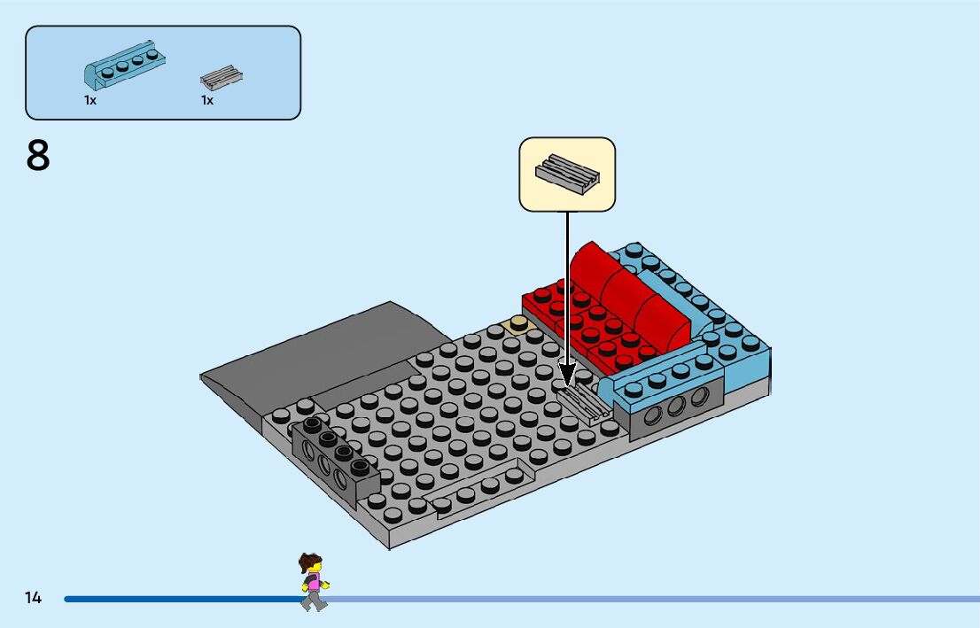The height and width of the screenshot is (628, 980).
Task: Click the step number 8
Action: point(38,157)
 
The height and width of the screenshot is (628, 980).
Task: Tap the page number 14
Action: point(33,598)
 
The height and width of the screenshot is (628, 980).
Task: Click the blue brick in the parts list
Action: point(125,66)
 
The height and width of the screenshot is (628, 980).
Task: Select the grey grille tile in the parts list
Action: point(222,79)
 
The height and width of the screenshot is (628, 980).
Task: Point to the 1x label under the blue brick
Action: point(90,101)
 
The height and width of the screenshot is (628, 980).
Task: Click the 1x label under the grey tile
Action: point(207,101)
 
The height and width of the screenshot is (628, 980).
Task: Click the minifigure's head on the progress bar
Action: point(311,563)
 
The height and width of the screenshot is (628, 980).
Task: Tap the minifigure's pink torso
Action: point(313,583)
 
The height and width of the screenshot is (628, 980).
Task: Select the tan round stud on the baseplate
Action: point(517,325)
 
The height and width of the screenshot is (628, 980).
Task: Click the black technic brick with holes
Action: point(335,457)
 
